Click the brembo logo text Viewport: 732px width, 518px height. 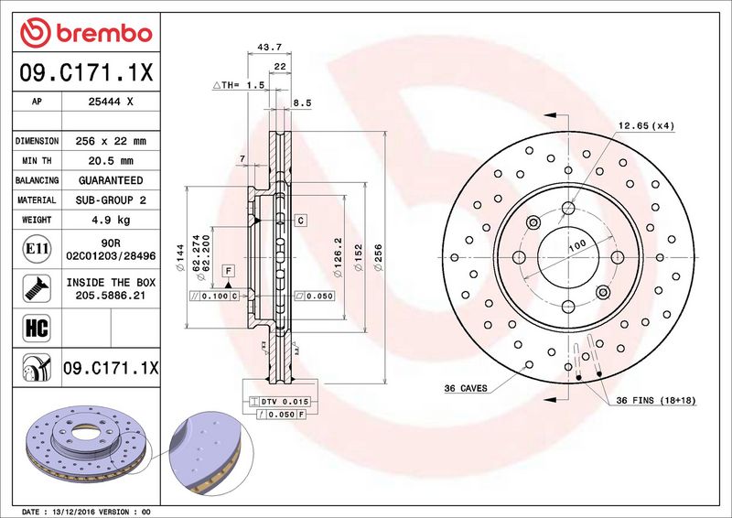pyautogui.click(x=104, y=34)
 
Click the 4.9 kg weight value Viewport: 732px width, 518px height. pyautogui.click(x=111, y=220)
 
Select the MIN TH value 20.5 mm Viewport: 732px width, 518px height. pyautogui.click(x=111, y=161)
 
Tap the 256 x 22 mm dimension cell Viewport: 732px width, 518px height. pyautogui.click(x=111, y=141)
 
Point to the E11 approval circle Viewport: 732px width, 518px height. pyautogui.click(x=37, y=249)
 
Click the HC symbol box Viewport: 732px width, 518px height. pyautogui.click(x=37, y=328)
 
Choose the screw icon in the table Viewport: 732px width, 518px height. pyautogui.click(x=37, y=288)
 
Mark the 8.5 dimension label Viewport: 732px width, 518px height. pyautogui.click(x=302, y=103)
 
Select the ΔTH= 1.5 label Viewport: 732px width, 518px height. pyautogui.click(x=239, y=85)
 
